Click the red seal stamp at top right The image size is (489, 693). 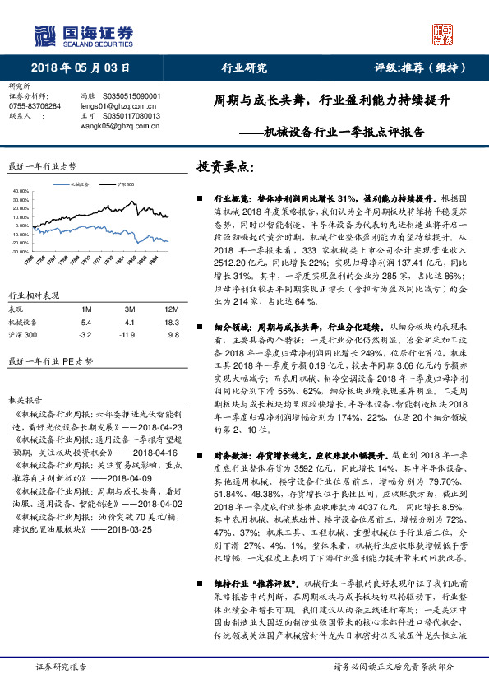pos(443,33)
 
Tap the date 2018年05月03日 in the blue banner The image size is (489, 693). pos(81,68)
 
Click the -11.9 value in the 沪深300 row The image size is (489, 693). pos(128,335)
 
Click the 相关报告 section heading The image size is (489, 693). pos(21,398)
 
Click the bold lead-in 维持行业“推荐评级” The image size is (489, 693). pos(248,584)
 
